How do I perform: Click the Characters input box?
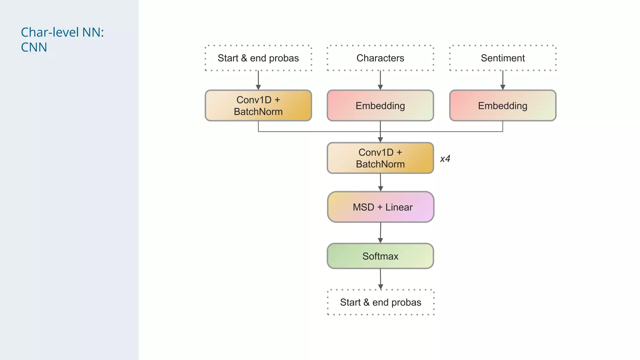(380, 58)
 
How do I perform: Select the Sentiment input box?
(502, 58)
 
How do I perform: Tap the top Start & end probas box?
(258, 58)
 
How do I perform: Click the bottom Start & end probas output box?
(381, 302)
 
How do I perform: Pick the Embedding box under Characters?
(380, 106)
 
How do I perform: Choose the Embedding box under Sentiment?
(502, 106)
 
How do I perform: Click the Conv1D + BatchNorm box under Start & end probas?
(258, 106)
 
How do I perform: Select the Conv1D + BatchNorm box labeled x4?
(380, 158)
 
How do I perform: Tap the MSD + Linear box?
(381, 207)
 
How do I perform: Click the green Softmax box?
(380, 256)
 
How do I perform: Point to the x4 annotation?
(445, 159)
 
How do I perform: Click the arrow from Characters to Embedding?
(380, 80)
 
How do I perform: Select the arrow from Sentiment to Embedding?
(502, 80)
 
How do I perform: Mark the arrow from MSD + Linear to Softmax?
(380, 233)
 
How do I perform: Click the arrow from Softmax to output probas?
(380, 279)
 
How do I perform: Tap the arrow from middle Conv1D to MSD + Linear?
(380, 182)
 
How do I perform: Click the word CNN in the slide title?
(34, 47)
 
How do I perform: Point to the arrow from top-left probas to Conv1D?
(258, 80)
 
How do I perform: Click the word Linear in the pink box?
(399, 207)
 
